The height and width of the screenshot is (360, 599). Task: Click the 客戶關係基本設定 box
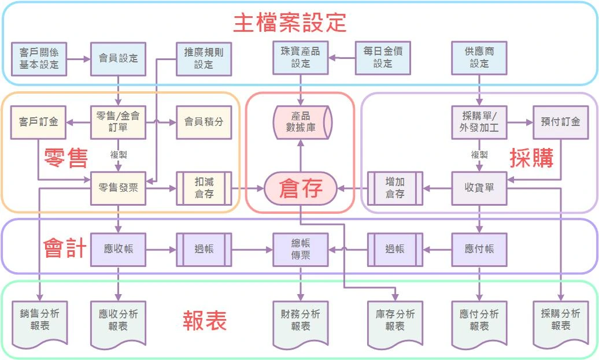point(39,58)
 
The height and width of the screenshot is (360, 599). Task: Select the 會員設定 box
point(119,58)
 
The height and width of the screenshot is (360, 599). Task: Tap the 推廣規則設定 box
point(204,58)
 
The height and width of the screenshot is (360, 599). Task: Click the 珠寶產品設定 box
point(301,58)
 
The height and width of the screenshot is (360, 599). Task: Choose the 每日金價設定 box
point(383,58)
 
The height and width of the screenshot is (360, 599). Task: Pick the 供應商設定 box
point(479,58)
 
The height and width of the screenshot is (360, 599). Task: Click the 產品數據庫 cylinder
point(301,122)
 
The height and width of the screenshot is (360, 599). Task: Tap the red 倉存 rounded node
point(301,188)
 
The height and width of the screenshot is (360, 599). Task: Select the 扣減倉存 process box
point(204,188)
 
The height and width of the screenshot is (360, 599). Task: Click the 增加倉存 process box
point(395,188)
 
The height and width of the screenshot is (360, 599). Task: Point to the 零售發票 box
point(119,188)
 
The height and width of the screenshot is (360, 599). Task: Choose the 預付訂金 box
point(560,122)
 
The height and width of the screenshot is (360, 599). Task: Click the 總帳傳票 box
point(301,250)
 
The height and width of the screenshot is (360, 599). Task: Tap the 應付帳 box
point(479,250)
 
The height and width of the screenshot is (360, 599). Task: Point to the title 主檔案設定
point(290,23)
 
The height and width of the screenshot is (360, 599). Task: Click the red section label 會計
point(65,248)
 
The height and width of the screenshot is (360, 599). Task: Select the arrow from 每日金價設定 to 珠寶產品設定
point(342,58)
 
